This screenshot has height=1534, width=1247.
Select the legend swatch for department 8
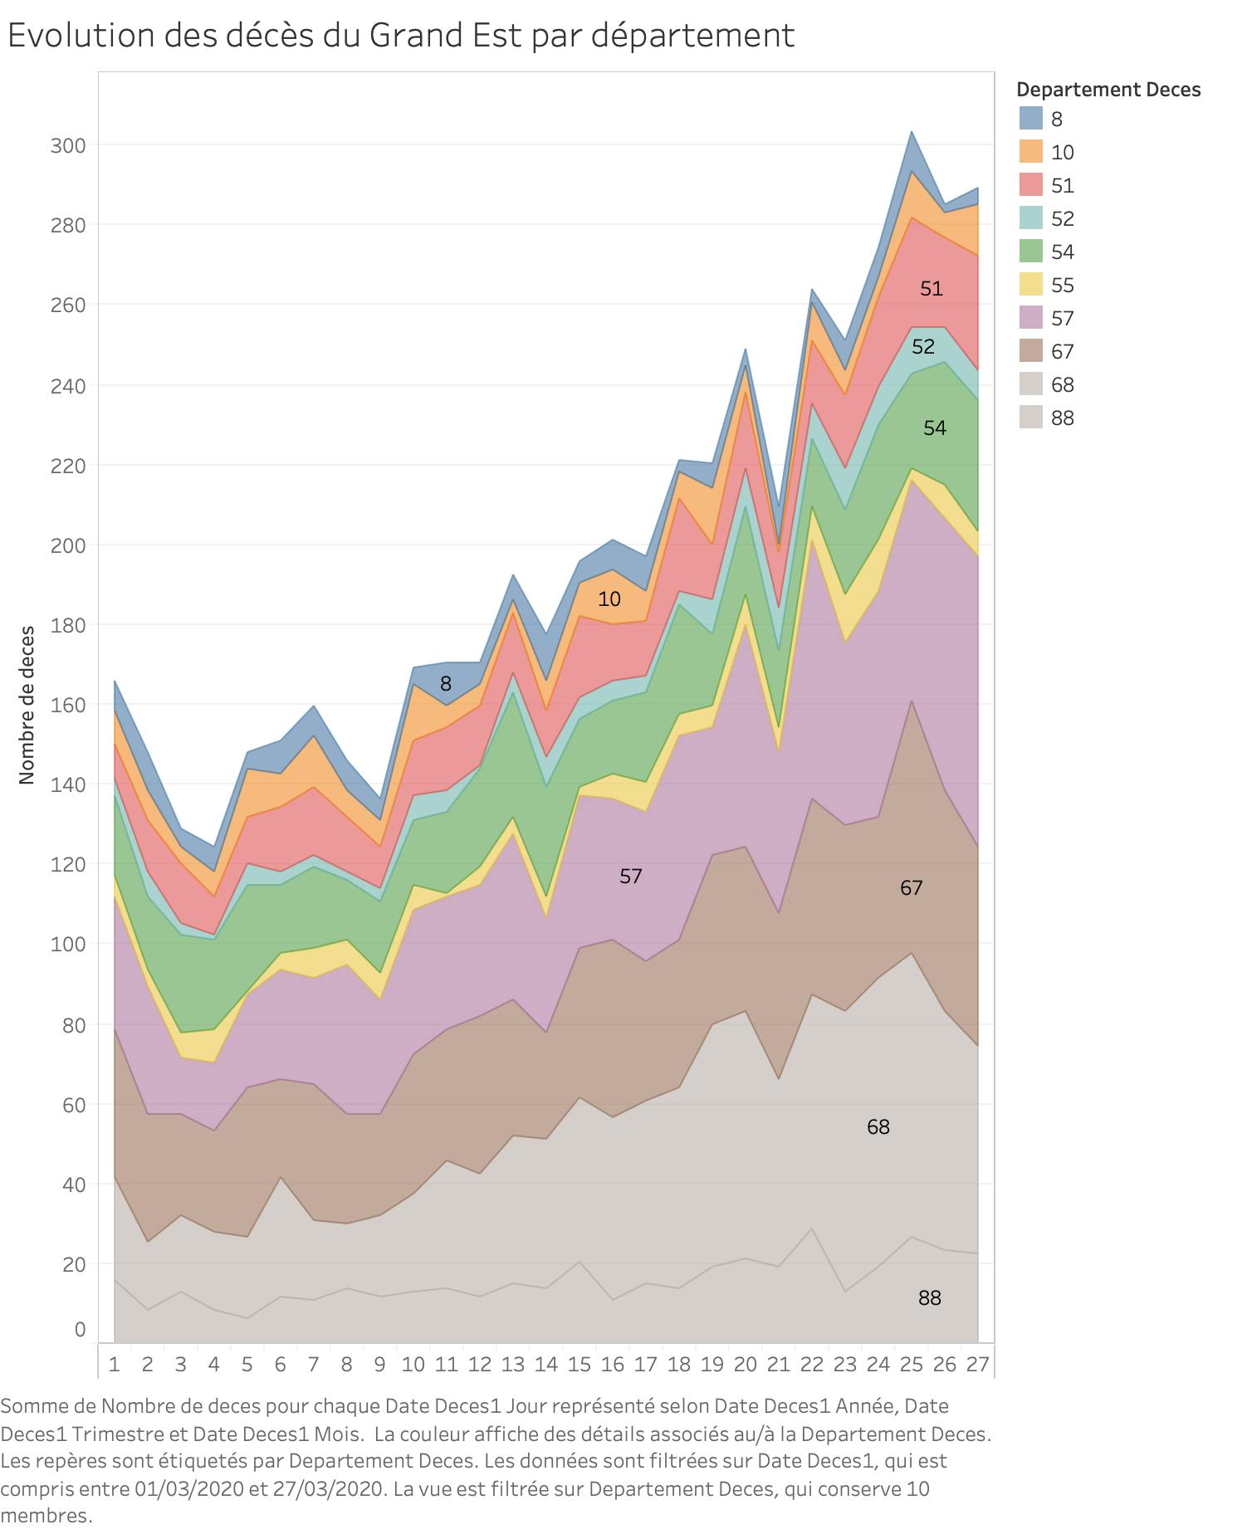[1030, 119]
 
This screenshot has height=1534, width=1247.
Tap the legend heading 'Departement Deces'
[1108, 90]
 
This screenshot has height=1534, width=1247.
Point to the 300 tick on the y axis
[68, 145]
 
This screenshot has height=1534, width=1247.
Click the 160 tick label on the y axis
[68, 705]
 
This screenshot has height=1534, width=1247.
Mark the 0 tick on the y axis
[80, 1329]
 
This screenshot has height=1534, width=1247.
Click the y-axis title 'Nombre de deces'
[27, 705]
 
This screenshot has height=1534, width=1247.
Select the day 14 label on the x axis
[545, 1364]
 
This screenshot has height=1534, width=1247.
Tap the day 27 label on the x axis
[977, 1364]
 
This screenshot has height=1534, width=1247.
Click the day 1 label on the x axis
[115, 1364]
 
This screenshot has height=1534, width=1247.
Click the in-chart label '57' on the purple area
[630, 876]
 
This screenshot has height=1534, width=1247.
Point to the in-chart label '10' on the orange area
[609, 598]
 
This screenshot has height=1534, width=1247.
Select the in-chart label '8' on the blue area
[446, 683]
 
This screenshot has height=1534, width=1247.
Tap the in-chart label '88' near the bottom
[929, 1297]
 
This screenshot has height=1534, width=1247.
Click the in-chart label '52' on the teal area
[922, 346]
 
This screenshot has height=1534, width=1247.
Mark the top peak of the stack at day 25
[912, 131]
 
